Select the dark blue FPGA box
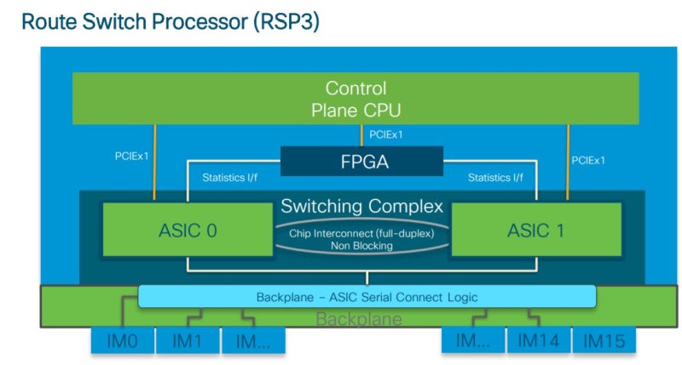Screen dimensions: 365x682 [x=361, y=161]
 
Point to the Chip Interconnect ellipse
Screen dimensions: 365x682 [x=362, y=236]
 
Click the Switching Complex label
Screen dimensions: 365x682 [x=362, y=207]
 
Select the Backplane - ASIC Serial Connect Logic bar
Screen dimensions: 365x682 [x=367, y=297]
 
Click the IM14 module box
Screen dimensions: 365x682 [x=539, y=341]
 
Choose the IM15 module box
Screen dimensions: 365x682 [x=604, y=341]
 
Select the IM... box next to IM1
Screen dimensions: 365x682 [x=253, y=341]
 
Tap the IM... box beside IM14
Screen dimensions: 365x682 [x=473, y=341]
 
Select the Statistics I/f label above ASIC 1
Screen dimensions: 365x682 [x=495, y=178]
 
